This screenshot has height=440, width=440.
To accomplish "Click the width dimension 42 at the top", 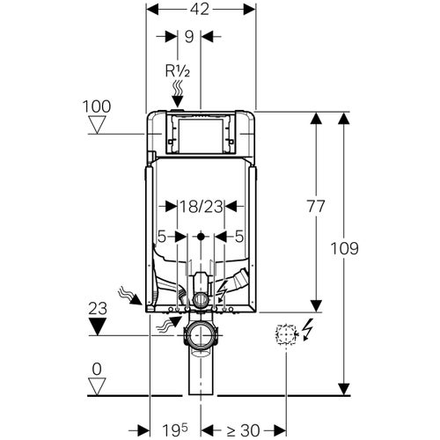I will pyautogui.click(x=201, y=10).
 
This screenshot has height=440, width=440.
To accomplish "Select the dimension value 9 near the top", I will pyautogui.click(x=189, y=36).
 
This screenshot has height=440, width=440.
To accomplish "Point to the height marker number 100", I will pyautogui.click(x=98, y=106).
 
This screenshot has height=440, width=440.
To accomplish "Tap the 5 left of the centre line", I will pyautogui.click(x=161, y=236).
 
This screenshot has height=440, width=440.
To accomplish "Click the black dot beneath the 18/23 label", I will pyautogui.click(x=201, y=236).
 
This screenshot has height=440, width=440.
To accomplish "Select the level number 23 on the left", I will pyautogui.click(x=99, y=309).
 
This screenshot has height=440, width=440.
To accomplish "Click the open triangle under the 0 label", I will pyautogui.click(x=99, y=385).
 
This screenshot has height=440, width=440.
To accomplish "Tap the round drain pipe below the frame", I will pyautogui.click(x=201, y=335).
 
